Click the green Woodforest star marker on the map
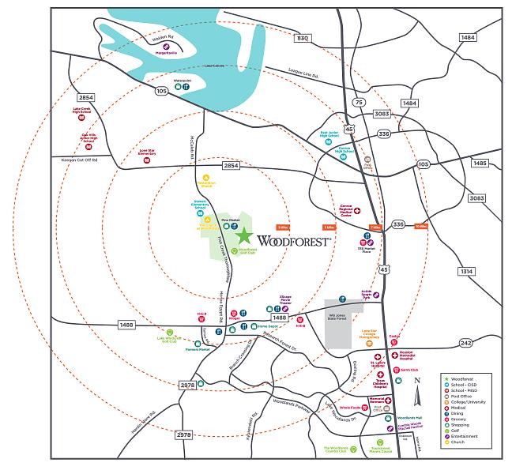click(x=244, y=236)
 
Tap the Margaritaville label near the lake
click(x=167, y=54)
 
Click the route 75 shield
click(x=359, y=102)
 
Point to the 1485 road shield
click(x=480, y=163)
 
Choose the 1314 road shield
click(x=467, y=271)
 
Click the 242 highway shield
click(x=465, y=342)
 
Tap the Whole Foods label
click(x=351, y=408)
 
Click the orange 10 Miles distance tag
click(x=420, y=227)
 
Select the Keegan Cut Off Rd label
click(x=78, y=160)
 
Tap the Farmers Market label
click(x=198, y=348)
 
